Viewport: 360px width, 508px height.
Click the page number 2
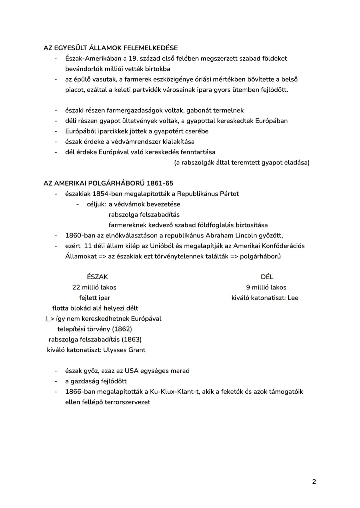[x=314, y=481]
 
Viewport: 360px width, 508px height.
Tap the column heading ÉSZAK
[x=97, y=277]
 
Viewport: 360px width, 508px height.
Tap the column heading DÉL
[x=267, y=277]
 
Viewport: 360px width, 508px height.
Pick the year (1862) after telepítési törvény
[x=122, y=329]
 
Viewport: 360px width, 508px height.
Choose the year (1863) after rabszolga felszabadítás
[x=131, y=339]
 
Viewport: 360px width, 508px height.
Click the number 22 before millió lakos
[x=76, y=287]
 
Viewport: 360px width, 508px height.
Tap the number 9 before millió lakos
[x=248, y=287]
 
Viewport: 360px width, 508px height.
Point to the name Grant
[x=137, y=350]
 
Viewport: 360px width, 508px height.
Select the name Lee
[x=293, y=298]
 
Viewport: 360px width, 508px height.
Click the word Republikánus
[x=198, y=194]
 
